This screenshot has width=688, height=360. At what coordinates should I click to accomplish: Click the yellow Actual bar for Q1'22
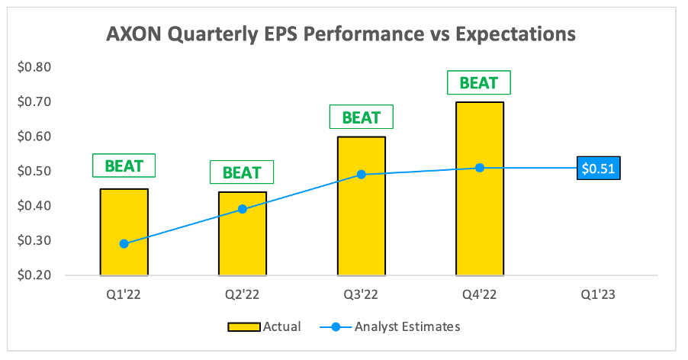click(x=124, y=214)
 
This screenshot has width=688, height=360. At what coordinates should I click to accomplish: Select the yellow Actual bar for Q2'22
click(x=243, y=244)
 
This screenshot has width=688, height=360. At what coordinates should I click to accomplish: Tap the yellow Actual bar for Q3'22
click(x=361, y=229)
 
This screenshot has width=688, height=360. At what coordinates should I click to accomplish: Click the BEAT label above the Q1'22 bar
click(x=124, y=166)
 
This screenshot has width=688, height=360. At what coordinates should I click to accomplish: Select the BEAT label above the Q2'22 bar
click(x=242, y=172)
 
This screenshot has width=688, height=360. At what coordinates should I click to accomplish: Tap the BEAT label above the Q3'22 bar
click(x=361, y=117)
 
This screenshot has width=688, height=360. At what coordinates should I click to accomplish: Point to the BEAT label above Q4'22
click(x=479, y=82)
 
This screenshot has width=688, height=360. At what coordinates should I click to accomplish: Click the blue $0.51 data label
click(x=599, y=168)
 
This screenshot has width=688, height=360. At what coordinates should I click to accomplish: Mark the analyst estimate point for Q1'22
click(x=124, y=244)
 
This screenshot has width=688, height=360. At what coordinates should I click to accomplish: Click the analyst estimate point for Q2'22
click(x=243, y=209)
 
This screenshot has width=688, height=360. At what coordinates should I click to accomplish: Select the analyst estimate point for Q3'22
click(x=361, y=175)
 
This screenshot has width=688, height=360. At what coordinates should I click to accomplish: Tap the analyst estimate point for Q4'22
click(x=480, y=168)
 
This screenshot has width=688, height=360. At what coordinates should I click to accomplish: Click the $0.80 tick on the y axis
click(x=34, y=67)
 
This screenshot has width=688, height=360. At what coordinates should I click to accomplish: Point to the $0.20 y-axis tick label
click(x=34, y=275)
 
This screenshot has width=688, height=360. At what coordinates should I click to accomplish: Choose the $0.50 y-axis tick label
click(x=34, y=172)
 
